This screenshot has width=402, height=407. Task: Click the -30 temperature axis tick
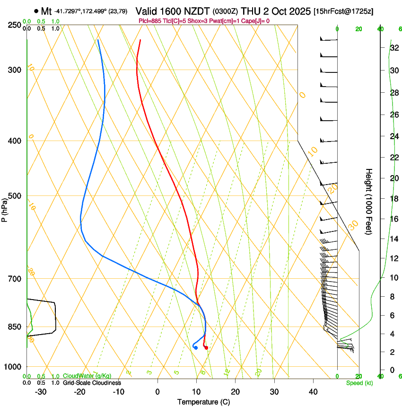pyautogui.click(x=41, y=392)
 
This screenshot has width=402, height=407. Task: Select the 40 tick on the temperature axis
pyautogui.click(x=313, y=392)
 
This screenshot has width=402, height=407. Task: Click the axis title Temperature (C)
pyautogui.click(x=203, y=402)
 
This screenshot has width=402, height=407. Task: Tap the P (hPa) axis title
pyautogui.click(x=4, y=209)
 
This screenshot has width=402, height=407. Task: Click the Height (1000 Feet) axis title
pyautogui.click(x=369, y=201)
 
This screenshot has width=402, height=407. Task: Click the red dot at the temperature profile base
pyautogui.click(x=206, y=348)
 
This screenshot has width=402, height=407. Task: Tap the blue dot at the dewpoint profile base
pyautogui.click(x=196, y=348)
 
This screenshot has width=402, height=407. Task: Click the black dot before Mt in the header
pyautogui.click(x=36, y=11)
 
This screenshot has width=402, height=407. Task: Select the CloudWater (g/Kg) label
pyautogui.click(x=87, y=376)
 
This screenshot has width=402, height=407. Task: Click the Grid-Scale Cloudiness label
pyautogui.click(x=92, y=382)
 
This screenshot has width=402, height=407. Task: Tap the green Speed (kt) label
pyautogui.click(x=359, y=383)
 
